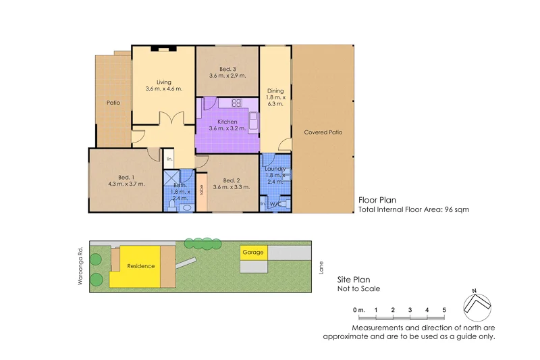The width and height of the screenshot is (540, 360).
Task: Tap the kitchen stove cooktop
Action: [x=237, y=103]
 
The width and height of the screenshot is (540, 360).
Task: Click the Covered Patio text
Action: [x=323, y=132]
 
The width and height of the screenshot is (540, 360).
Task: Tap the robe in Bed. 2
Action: [x=201, y=190]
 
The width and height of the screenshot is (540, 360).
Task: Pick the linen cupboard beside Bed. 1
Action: [x=169, y=159]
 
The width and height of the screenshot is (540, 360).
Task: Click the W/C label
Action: [x=275, y=204]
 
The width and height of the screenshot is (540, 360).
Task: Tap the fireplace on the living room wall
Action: [x=163, y=49]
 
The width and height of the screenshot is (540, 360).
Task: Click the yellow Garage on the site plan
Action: [x=253, y=253]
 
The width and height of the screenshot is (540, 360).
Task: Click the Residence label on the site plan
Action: [x=141, y=266]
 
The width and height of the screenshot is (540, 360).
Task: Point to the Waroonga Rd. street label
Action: [x=80, y=263]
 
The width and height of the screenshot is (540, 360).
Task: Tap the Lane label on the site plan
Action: [x=321, y=267]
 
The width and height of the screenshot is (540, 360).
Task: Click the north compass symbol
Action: [x=478, y=304]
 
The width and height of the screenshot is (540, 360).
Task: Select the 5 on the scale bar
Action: [x=443, y=310]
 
